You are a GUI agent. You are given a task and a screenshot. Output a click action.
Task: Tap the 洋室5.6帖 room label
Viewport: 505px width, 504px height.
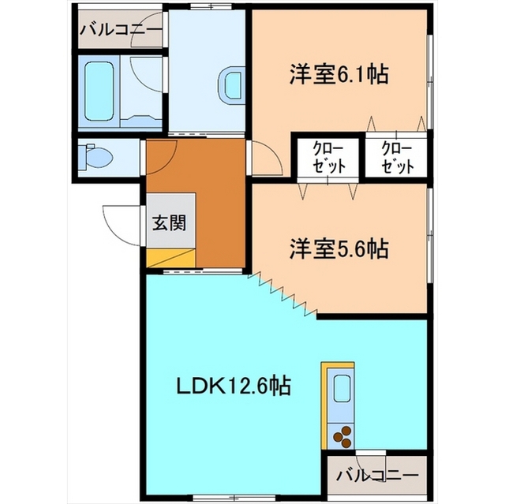(x=337, y=248)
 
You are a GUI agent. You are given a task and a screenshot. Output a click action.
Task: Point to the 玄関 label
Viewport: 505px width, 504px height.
(x=169, y=222)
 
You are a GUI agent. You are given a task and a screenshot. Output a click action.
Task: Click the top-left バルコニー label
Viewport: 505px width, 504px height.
(x=119, y=31)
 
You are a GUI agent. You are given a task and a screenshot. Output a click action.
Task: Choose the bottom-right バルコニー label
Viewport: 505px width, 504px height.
(x=376, y=476)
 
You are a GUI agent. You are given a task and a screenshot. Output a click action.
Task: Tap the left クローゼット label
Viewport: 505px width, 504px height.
(x=322, y=158)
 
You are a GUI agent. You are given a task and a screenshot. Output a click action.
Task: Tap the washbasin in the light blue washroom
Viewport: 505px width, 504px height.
(x=234, y=84)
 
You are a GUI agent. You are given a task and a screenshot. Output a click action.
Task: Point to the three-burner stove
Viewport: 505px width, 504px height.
(x=343, y=434)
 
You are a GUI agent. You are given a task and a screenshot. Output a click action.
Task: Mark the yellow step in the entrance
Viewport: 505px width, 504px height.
(x=169, y=257)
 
